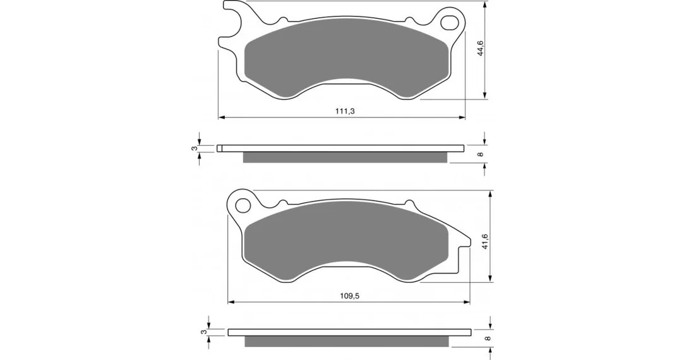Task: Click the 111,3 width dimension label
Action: click(345, 111)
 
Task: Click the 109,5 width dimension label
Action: click(349, 296)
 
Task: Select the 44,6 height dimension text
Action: click(480, 48)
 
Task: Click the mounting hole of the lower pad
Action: click(243, 204)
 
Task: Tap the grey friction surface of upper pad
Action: click(346, 57)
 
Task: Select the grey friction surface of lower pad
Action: click(346, 240)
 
